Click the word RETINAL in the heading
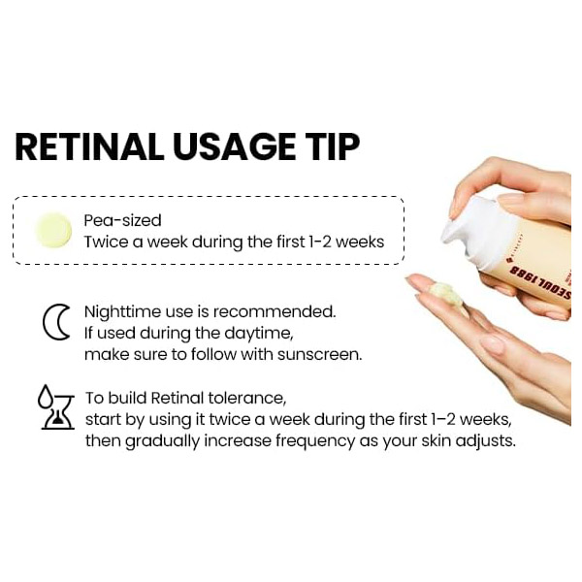(89, 146)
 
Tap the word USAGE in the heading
(234, 146)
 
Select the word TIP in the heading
(332, 146)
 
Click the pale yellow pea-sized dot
(53, 230)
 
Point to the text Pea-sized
(122, 220)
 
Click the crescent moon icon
(56, 322)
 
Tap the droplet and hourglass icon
(56, 407)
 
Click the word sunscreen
(319, 354)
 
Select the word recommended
(275, 312)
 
